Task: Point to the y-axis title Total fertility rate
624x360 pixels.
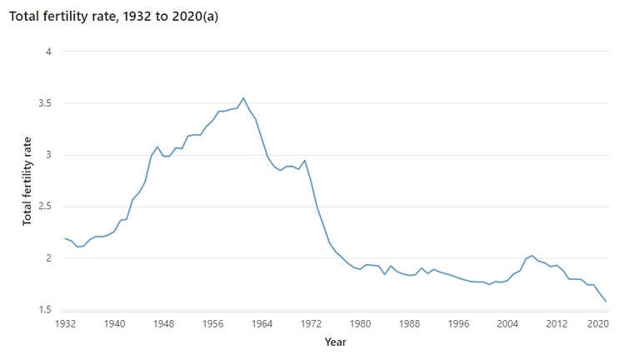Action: coord(27,181)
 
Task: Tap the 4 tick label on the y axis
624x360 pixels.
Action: coord(48,52)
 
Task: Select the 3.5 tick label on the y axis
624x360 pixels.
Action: coord(43,103)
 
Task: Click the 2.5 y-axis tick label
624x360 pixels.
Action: coord(43,207)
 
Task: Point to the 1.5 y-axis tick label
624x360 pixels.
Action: coord(43,310)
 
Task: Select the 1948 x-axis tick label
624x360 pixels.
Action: coord(163,322)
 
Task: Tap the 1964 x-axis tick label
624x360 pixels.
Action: coord(262,322)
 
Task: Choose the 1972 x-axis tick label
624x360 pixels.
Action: coord(311,322)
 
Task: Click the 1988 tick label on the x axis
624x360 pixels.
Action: coord(409,322)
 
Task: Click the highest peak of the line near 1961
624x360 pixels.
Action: coord(243,98)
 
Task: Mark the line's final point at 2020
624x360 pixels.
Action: coord(606,302)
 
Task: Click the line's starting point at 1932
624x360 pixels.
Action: coord(65,238)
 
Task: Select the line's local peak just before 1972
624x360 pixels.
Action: coord(305,160)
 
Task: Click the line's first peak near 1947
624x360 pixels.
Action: coord(157,147)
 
